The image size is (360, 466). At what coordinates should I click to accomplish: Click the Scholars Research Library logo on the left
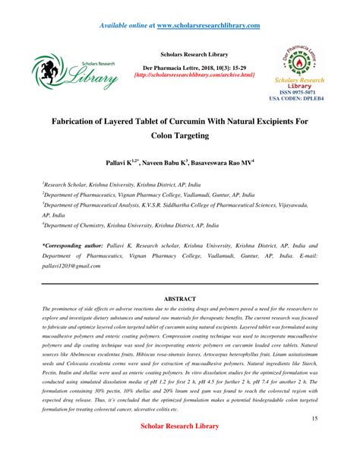(74, 72)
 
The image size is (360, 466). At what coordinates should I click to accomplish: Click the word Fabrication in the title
(80, 121)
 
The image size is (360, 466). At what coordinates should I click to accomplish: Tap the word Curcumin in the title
(201, 121)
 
